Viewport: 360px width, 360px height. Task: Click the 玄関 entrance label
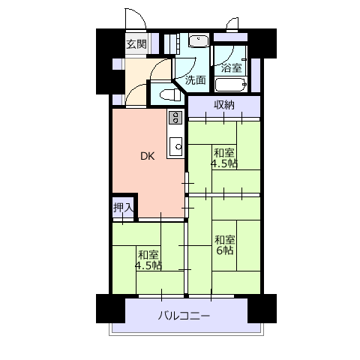[136, 44]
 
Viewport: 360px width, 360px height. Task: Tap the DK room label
[148, 156]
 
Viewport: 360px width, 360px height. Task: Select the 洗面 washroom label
[195, 80]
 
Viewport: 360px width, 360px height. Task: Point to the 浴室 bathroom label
[232, 67]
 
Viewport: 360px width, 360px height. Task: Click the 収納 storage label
[224, 105]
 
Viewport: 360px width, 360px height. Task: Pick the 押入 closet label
[124, 207]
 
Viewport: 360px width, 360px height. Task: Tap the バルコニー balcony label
[184, 316]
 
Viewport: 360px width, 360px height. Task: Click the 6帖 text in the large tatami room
[225, 250]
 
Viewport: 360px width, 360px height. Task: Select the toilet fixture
[170, 95]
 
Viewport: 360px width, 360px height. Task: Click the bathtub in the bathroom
[230, 85]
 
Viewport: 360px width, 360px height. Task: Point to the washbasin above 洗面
[199, 41]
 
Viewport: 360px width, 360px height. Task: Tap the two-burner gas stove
[175, 118]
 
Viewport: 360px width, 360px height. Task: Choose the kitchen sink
[175, 146]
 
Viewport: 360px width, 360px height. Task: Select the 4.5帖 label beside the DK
[224, 163]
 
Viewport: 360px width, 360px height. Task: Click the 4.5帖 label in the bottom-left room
[148, 265]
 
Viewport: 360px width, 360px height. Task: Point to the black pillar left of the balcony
[110, 308]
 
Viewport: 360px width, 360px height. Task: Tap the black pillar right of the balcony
[262, 308]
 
